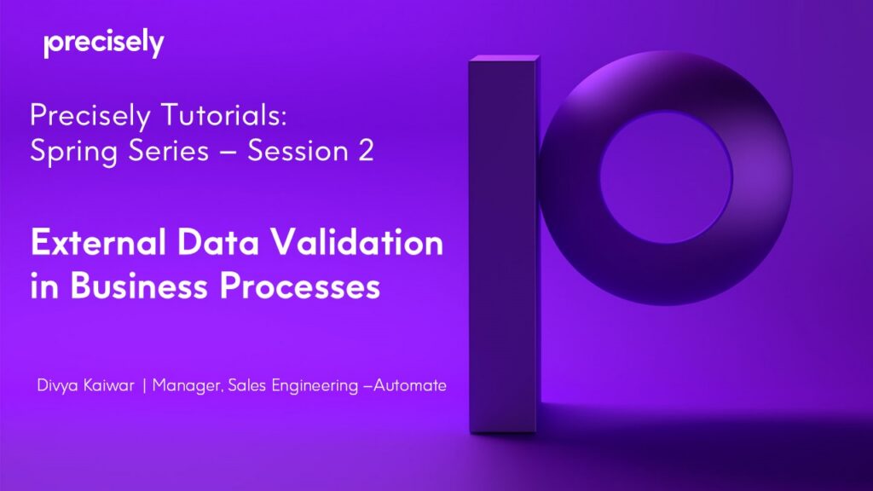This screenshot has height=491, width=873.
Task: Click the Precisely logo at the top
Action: (103, 43)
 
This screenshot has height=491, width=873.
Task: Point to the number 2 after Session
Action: (364, 152)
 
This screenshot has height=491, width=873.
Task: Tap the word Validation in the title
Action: (360, 244)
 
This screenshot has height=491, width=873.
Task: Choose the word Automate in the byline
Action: (411, 386)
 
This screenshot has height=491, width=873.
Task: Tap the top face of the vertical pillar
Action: (505, 59)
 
